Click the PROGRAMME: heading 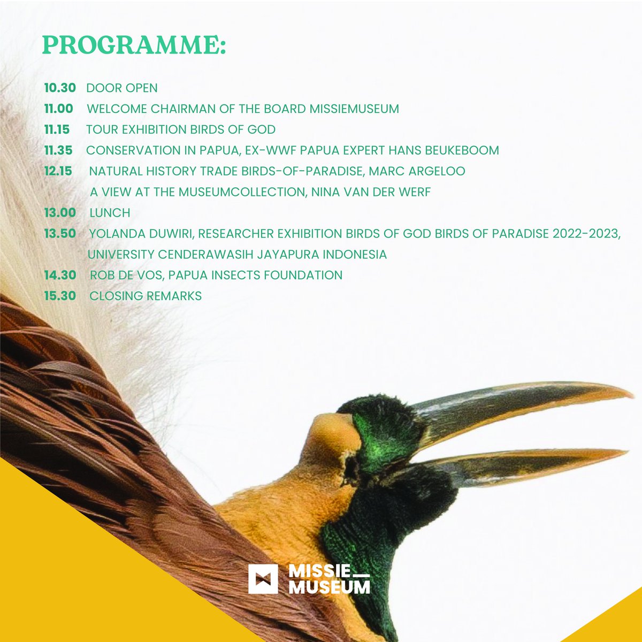tap(134, 46)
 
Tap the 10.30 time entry tap(60, 88)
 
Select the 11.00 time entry tap(59, 109)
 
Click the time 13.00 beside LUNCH tap(60, 212)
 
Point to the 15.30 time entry tap(60, 296)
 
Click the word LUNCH tap(110, 213)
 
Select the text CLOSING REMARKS tap(146, 296)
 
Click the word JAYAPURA tap(286, 255)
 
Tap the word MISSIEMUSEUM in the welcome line tap(354, 109)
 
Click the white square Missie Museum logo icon tap(263, 579)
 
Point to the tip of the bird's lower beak tap(625, 454)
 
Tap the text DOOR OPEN tap(122, 88)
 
